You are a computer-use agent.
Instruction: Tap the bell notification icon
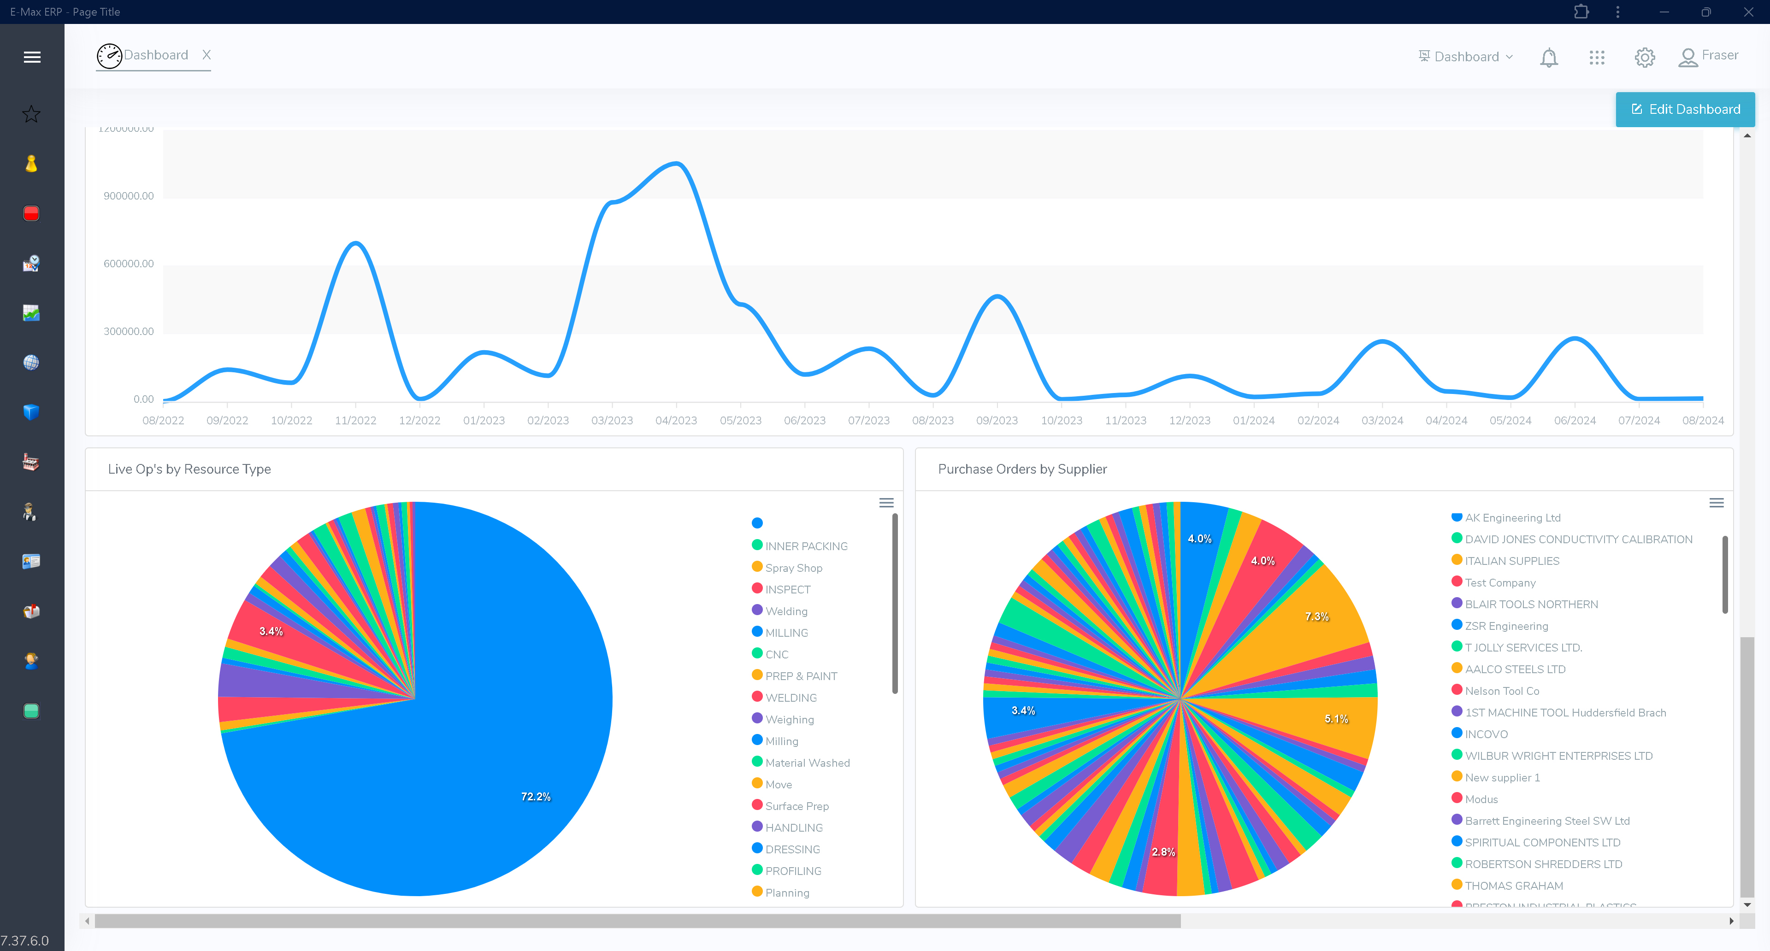pyautogui.click(x=1549, y=57)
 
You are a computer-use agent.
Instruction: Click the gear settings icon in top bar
pyautogui.click(x=1644, y=57)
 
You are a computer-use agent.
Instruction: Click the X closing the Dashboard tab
pyautogui.click(x=206, y=55)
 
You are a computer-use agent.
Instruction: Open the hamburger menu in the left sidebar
pyautogui.click(x=32, y=57)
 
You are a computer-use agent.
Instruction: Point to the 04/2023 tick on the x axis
pyautogui.click(x=676, y=420)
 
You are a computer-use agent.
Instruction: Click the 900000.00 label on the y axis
pyautogui.click(x=129, y=196)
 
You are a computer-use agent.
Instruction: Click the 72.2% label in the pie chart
pyautogui.click(x=535, y=797)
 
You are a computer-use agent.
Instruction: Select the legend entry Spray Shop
pyautogui.click(x=794, y=568)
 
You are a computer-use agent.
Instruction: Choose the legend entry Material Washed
pyautogui.click(x=808, y=763)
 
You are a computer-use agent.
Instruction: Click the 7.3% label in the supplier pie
pyautogui.click(x=1316, y=616)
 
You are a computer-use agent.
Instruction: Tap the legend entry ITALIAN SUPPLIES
pyautogui.click(x=1512, y=561)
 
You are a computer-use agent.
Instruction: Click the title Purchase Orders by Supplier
pyautogui.click(x=1022, y=469)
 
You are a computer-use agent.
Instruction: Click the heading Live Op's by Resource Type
pyautogui.click(x=189, y=469)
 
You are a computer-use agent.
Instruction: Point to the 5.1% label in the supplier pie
pyautogui.click(x=1336, y=719)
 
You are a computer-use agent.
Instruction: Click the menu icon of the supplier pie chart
pyautogui.click(x=1716, y=503)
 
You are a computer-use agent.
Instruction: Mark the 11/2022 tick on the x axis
pyautogui.click(x=355, y=420)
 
